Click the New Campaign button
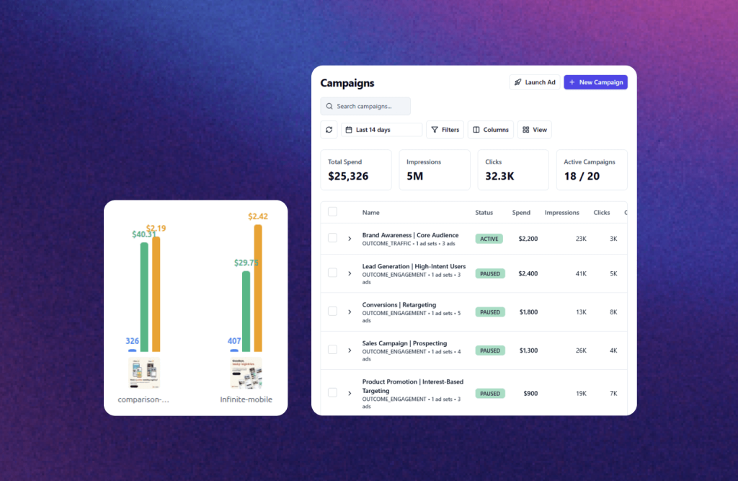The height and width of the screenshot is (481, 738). click(x=595, y=82)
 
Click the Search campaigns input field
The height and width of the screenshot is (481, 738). click(x=365, y=106)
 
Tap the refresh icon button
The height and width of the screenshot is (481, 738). click(x=329, y=130)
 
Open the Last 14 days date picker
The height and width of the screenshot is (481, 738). click(x=381, y=130)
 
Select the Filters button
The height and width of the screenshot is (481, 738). click(x=445, y=130)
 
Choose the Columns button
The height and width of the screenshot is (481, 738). click(x=490, y=130)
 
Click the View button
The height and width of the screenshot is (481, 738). click(x=534, y=130)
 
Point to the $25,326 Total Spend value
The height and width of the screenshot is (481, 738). click(x=348, y=176)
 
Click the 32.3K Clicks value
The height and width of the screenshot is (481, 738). click(x=499, y=176)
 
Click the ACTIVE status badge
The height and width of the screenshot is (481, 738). click(x=489, y=239)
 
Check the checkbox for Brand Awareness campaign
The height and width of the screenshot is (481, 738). click(x=332, y=238)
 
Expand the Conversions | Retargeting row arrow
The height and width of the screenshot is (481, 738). click(x=350, y=312)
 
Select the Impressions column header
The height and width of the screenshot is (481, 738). click(x=561, y=213)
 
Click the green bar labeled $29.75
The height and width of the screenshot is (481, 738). click(x=246, y=311)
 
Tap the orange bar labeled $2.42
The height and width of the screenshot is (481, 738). click(x=258, y=288)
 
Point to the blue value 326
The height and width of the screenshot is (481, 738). click(x=132, y=341)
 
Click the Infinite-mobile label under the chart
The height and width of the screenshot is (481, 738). click(x=246, y=400)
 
